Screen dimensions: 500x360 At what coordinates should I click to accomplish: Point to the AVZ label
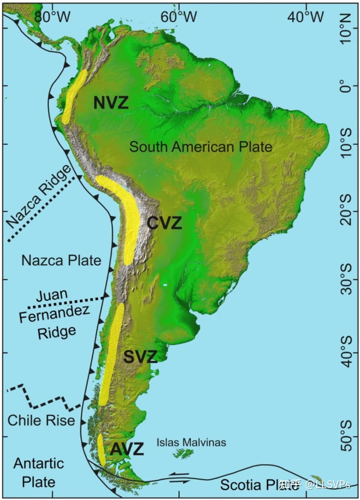(x=127, y=449)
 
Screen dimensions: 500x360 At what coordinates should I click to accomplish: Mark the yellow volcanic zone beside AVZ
(x=101, y=449)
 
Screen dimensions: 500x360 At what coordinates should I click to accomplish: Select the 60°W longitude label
(x=179, y=17)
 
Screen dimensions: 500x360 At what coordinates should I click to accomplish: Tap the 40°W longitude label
(x=306, y=17)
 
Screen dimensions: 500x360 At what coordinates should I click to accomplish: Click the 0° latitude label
(x=346, y=86)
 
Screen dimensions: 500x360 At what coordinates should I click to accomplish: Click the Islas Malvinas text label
(x=191, y=442)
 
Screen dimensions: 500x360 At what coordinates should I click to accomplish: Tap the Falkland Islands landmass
(x=183, y=454)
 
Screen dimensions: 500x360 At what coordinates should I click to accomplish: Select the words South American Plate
(x=201, y=147)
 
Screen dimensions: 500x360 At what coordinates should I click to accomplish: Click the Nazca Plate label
(x=61, y=260)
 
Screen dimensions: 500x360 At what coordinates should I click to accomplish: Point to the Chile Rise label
(x=41, y=420)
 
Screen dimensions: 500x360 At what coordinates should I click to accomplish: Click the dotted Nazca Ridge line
(x=42, y=209)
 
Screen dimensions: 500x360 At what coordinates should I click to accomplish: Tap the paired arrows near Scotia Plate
(x=180, y=478)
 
